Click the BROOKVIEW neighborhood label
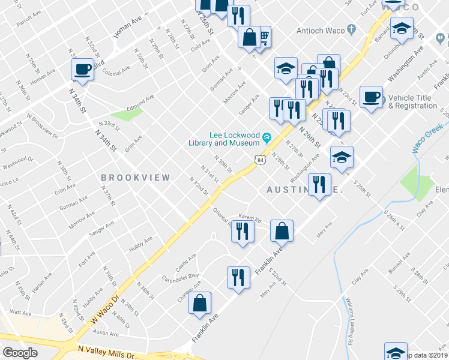[136, 178]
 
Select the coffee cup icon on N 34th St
[82, 69]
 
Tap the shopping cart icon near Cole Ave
[263, 37]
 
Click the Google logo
[20, 352]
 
